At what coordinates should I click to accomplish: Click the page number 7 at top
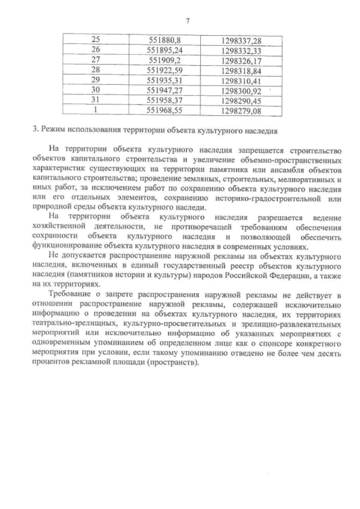(188, 21)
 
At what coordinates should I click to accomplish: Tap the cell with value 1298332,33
(241, 51)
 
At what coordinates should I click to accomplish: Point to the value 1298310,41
(241, 81)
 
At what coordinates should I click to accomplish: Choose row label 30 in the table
(95, 90)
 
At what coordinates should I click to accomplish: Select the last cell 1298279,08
(241, 112)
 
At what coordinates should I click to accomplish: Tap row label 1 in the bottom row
(95, 110)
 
